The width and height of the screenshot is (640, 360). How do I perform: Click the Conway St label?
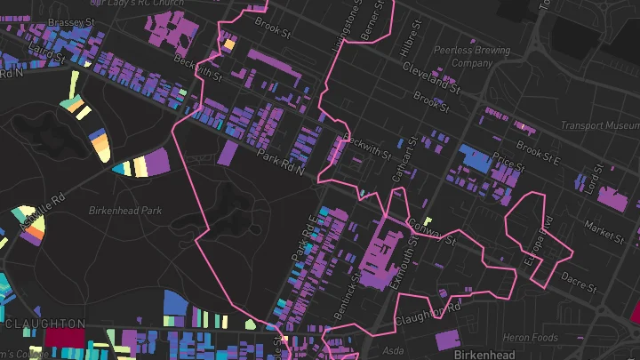point(429,230)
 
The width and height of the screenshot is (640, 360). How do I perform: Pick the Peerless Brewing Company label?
point(472,57)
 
